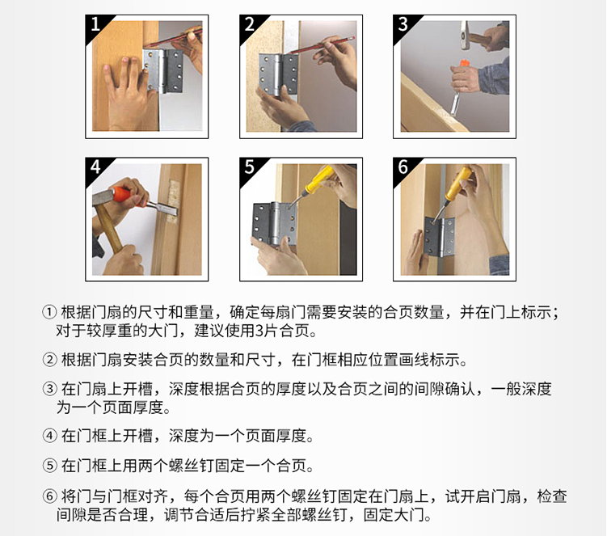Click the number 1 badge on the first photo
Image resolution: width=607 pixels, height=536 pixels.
point(95,24)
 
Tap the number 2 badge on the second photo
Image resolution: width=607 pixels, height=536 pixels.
point(249,24)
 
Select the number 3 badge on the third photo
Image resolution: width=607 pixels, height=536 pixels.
point(403,24)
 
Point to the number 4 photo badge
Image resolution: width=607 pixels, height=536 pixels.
point(95,167)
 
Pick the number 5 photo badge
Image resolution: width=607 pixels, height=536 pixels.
point(249,167)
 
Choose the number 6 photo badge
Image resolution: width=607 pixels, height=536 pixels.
point(403,167)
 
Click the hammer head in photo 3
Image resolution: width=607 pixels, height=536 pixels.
point(464,35)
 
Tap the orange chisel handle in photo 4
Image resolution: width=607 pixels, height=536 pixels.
point(129,196)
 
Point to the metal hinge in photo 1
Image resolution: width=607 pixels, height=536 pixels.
point(163,71)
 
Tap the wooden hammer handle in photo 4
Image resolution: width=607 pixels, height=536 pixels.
point(109,228)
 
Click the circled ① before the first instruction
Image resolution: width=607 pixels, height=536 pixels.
point(50,312)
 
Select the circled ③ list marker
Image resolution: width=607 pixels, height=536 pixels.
point(50,388)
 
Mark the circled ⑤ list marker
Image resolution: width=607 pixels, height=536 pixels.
point(50,466)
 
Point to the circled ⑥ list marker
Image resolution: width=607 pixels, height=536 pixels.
point(50,496)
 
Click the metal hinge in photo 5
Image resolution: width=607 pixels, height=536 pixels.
point(274,223)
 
